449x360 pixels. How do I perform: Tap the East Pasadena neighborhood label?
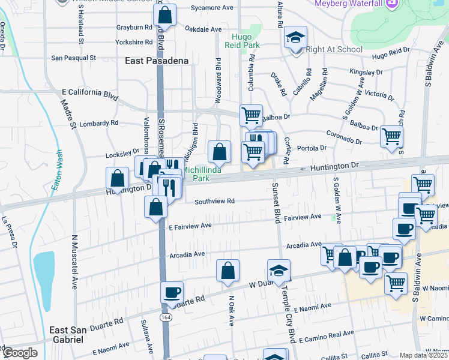coord(157,61)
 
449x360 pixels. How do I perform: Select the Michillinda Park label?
coord(201,174)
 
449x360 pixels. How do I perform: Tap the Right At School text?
coord(334,50)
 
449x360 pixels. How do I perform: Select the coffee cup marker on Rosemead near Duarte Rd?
coord(172,292)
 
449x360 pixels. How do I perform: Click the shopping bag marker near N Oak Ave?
coord(228,271)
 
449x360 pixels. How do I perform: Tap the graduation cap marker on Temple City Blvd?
coord(279,271)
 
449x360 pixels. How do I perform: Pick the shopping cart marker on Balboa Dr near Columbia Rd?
coord(251,115)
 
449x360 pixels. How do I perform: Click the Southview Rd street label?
coord(214,202)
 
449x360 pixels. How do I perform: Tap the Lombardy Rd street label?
coord(97,122)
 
